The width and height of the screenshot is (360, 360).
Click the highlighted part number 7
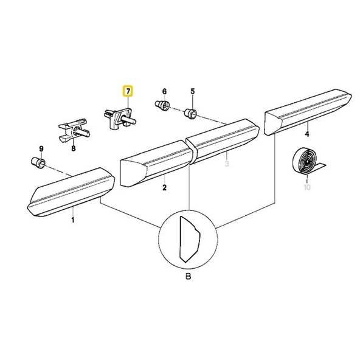pyautogui.click(x=128, y=91)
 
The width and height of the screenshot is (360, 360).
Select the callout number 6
pyautogui.click(x=164, y=92)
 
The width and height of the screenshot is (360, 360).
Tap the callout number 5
pyautogui.click(x=193, y=91)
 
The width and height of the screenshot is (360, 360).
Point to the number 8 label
pyautogui.click(x=73, y=148)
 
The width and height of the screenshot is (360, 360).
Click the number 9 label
pyautogui.click(x=41, y=149)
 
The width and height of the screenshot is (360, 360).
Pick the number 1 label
pyautogui.click(x=73, y=220)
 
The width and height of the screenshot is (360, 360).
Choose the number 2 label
pyautogui.click(x=164, y=187)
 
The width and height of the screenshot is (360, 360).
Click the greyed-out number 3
pyautogui.click(x=227, y=164)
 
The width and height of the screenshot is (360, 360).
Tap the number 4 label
pyautogui.click(x=307, y=134)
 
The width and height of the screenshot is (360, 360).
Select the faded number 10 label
pyautogui.click(x=307, y=187)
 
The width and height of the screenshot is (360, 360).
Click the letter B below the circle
pyautogui.click(x=188, y=276)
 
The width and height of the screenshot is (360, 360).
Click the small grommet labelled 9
pyautogui.click(x=38, y=162)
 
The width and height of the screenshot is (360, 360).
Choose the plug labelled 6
pyautogui.click(x=162, y=105)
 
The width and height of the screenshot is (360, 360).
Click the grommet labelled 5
pyautogui.click(x=191, y=113)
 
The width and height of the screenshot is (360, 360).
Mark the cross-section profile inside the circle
pyautogui.click(x=189, y=239)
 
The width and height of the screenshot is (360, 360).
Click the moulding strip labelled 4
pyautogui.click(x=308, y=112)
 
